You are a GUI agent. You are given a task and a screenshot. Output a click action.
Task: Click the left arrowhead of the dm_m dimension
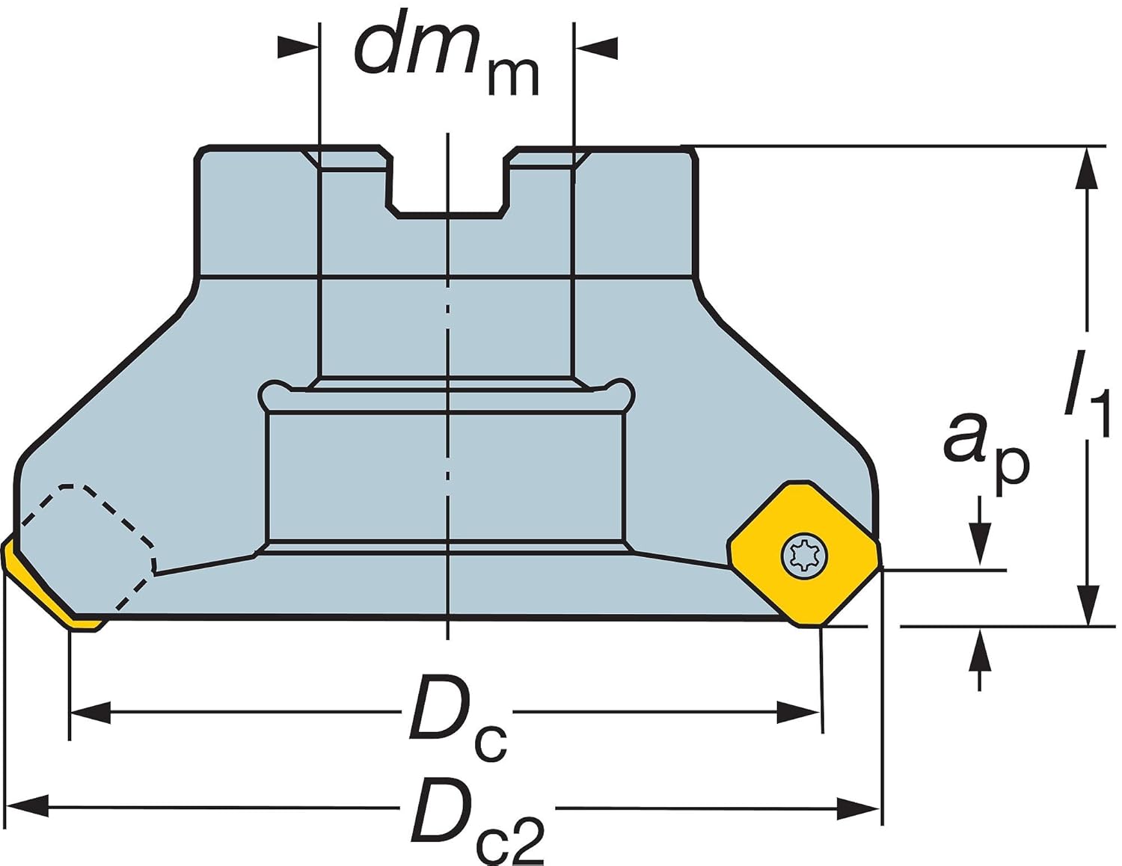298,47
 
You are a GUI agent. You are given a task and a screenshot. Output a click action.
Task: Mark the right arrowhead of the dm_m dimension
596,47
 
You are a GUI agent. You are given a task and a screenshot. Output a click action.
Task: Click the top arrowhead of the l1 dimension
1087,168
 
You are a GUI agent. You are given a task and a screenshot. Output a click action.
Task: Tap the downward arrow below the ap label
979,542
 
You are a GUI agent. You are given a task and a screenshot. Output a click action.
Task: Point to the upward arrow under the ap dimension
979,651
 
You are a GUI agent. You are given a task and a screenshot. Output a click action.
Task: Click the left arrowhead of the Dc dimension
90,713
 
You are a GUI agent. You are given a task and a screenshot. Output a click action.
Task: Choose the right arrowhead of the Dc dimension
799,713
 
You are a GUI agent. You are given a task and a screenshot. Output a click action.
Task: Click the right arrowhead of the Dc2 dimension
859,808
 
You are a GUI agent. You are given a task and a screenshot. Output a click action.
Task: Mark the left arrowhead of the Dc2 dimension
27,806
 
